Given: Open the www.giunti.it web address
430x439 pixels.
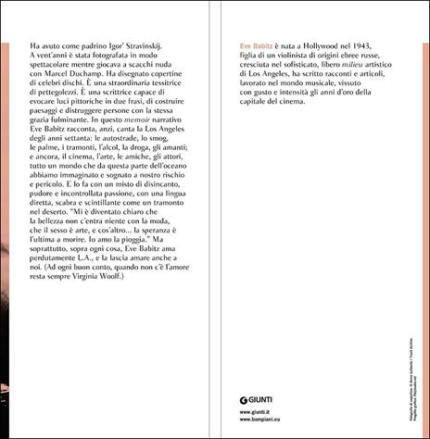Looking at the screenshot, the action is (244, 410).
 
